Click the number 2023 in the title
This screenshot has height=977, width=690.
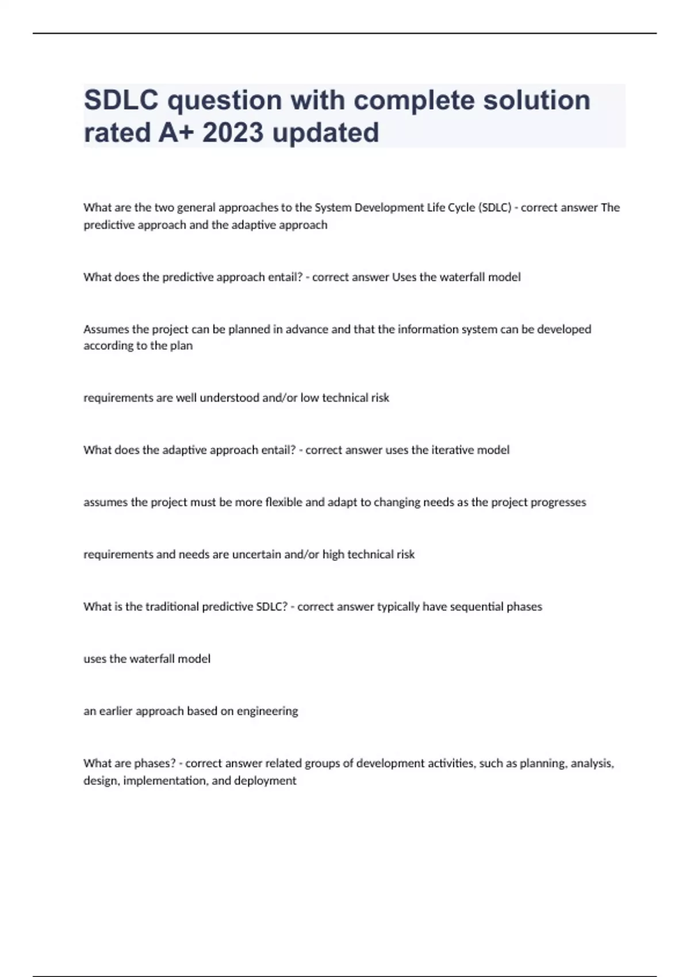[233, 133]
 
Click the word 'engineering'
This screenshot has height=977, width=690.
[267, 711]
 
